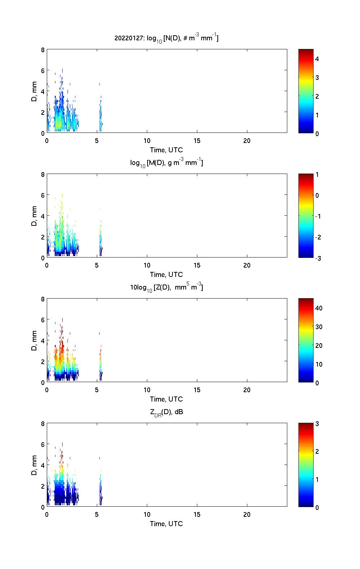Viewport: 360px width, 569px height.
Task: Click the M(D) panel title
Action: pos(166,163)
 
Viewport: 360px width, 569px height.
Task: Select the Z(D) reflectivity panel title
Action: pos(166,287)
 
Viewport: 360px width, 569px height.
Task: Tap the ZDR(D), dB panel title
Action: pos(166,412)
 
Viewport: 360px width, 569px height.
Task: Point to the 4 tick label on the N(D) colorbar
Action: pos(317,59)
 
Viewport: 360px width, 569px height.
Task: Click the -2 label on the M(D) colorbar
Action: pos(317,237)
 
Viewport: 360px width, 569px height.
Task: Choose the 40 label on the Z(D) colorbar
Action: pos(319,308)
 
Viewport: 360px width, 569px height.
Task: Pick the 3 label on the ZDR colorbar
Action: pos(317,424)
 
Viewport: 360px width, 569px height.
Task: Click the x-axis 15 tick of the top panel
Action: pos(197,141)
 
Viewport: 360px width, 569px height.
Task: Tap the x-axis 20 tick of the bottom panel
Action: pos(247,515)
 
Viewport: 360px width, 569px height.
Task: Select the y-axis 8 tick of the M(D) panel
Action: pos(43,175)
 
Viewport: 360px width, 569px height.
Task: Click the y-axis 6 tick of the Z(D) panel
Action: pos(43,320)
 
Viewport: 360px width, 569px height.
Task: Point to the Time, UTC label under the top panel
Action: pos(166,150)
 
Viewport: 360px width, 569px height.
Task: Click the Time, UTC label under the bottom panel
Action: pos(166,524)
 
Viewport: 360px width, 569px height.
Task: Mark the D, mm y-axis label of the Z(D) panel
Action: pos(35,340)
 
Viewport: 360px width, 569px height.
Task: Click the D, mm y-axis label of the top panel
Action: pos(35,91)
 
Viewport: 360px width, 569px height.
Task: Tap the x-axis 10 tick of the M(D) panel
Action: pos(147,265)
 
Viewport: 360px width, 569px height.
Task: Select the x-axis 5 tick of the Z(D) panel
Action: pos(97,390)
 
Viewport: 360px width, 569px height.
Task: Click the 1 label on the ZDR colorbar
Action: pos(317,480)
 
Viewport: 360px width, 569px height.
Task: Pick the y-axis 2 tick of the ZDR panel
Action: pos(43,486)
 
